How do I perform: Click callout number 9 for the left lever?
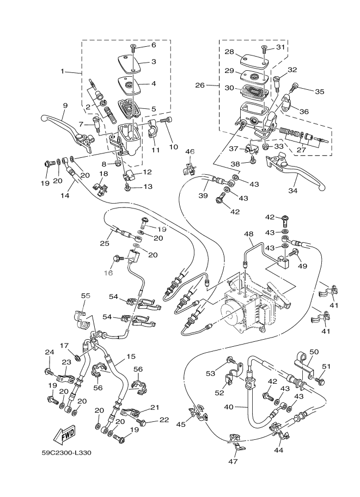[65, 106]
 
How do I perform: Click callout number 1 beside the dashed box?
[63, 71]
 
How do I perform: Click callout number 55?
[86, 295]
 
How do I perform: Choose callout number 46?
[189, 151]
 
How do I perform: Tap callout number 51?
[327, 366]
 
